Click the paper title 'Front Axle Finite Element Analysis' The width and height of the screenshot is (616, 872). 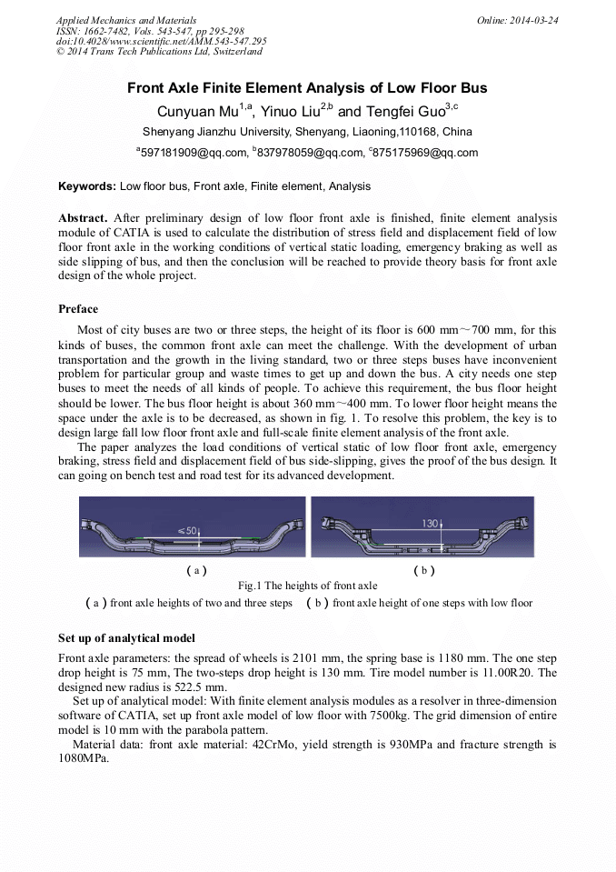[307, 88]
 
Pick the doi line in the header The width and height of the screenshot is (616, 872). [162, 41]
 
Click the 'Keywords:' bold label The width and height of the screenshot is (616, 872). [87, 186]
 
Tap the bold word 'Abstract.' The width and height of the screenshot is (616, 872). [83, 218]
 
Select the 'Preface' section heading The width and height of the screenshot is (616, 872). [78, 309]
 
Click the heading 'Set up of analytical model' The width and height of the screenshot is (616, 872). [126, 637]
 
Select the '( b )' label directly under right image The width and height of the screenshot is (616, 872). [424, 570]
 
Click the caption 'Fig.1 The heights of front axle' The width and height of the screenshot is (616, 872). [307, 586]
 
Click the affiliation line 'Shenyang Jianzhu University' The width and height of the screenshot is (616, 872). [307, 132]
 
